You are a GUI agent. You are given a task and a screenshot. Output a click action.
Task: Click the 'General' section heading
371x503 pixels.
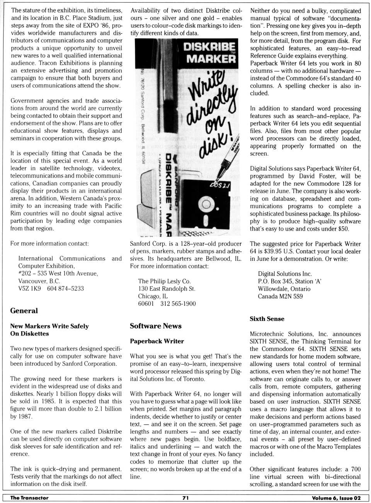(x=24, y=311)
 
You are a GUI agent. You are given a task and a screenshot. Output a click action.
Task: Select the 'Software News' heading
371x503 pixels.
(x=155, y=326)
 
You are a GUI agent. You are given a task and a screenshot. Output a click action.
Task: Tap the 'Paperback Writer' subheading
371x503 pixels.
(x=157, y=341)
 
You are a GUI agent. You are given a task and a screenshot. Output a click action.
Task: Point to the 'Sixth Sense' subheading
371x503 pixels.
(x=267, y=319)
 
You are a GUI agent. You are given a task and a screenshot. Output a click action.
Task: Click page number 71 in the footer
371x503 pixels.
(x=185, y=498)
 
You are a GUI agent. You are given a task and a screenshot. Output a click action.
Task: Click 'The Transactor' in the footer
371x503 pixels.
(x=29, y=498)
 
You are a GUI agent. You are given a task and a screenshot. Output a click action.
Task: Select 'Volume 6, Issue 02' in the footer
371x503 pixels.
(x=336, y=498)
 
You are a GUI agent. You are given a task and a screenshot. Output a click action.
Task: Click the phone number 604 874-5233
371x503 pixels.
(x=65, y=288)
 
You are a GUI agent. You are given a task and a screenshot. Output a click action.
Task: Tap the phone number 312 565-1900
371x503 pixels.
(x=178, y=304)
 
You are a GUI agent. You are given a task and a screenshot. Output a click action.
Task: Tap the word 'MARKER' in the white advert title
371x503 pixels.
(x=211, y=59)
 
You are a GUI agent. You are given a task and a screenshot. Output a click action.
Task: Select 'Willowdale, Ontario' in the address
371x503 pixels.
(x=284, y=289)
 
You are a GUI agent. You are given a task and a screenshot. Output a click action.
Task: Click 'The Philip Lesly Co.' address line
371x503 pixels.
(x=164, y=281)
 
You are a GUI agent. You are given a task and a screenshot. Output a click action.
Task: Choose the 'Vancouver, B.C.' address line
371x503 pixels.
(x=39, y=281)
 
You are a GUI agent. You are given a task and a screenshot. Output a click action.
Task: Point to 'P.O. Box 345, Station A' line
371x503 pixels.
(x=289, y=281)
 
